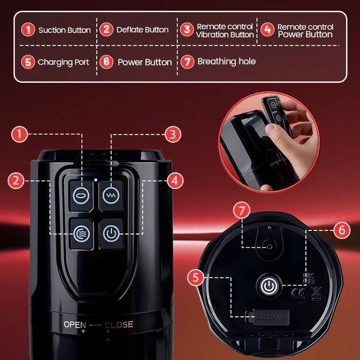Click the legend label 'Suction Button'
pos(65,29)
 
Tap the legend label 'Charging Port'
pos(63,62)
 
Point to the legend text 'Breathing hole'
pos(226,61)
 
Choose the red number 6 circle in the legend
pos(106,61)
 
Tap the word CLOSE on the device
pos(119,325)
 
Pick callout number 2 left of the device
pos(17,179)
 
